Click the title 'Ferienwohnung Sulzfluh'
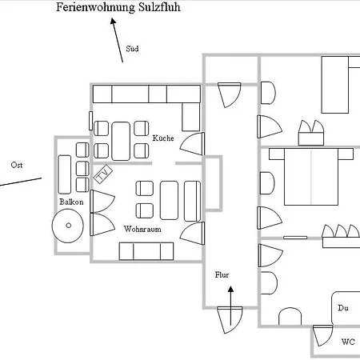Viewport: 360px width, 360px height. coord(118,7)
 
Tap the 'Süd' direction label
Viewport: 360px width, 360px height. coord(132,49)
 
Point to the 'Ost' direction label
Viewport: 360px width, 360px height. coord(17,165)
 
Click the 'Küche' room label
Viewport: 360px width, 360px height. coord(163,138)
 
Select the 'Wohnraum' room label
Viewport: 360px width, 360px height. coord(142,229)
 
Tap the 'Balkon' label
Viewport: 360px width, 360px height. coord(71,202)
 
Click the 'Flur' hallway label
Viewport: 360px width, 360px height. coord(222,274)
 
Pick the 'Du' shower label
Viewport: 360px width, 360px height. coord(343,308)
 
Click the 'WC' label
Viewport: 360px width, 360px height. coord(348,342)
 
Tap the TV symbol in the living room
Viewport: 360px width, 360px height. coord(103,174)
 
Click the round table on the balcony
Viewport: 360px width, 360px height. coord(68,226)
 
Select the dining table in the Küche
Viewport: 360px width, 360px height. coord(121,141)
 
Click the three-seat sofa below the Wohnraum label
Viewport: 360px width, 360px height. coord(146,251)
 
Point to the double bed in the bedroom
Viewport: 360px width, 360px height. coord(311,177)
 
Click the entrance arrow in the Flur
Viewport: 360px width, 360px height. coord(231,306)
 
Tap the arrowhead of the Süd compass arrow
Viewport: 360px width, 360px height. coord(113,21)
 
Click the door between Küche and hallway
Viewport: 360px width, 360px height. coord(193,144)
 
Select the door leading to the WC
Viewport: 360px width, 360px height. coord(322,335)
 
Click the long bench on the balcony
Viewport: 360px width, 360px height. coord(65,174)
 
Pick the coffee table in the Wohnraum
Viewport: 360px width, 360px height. coord(169,200)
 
